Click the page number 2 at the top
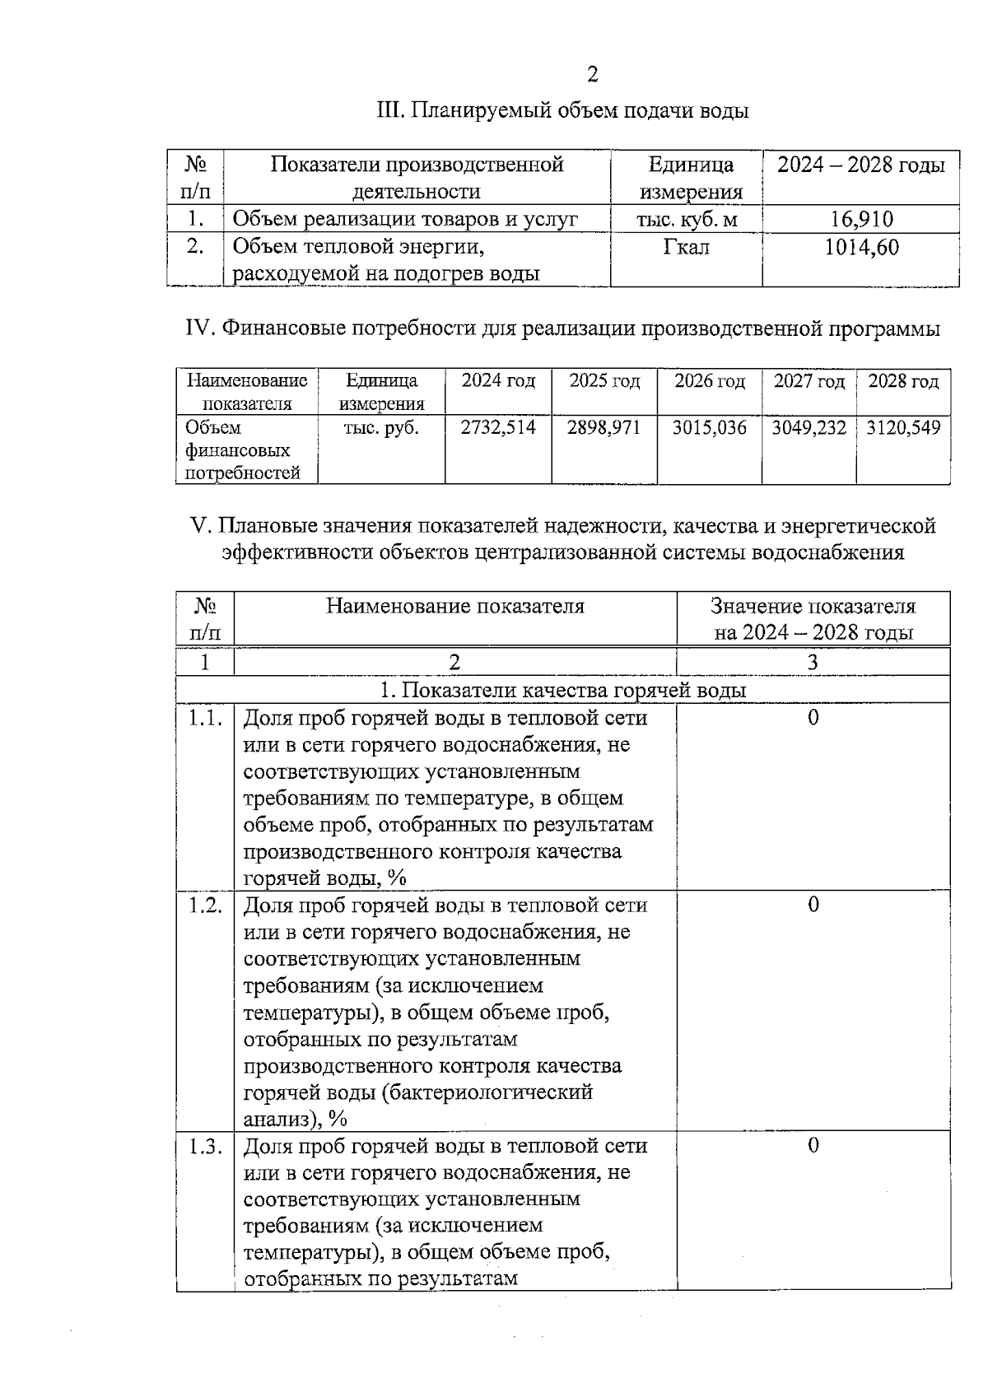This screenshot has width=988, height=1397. (x=592, y=75)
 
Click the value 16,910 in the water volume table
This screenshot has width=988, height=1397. (x=860, y=219)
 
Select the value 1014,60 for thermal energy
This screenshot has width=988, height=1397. (x=861, y=247)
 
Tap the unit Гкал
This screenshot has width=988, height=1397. (x=686, y=247)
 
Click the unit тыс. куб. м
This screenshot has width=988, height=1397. (x=686, y=220)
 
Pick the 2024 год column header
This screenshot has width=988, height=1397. (x=497, y=381)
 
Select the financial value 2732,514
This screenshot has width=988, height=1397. (x=497, y=427)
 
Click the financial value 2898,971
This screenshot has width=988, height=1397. (x=604, y=427)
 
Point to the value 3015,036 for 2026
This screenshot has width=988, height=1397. (x=709, y=427)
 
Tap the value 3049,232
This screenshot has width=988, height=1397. (x=809, y=427)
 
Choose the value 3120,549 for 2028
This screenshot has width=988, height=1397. (x=903, y=427)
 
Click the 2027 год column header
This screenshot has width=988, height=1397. (x=809, y=381)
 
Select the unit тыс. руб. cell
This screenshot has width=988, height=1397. (x=381, y=428)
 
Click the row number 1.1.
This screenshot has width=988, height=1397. (x=205, y=718)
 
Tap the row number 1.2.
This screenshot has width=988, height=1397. (x=205, y=905)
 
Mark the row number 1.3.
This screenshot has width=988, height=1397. (x=205, y=1145)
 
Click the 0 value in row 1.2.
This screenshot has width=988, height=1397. (x=813, y=905)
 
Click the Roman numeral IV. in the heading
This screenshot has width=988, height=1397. (x=200, y=329)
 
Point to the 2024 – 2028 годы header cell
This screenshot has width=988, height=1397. (x=860, y=165)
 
